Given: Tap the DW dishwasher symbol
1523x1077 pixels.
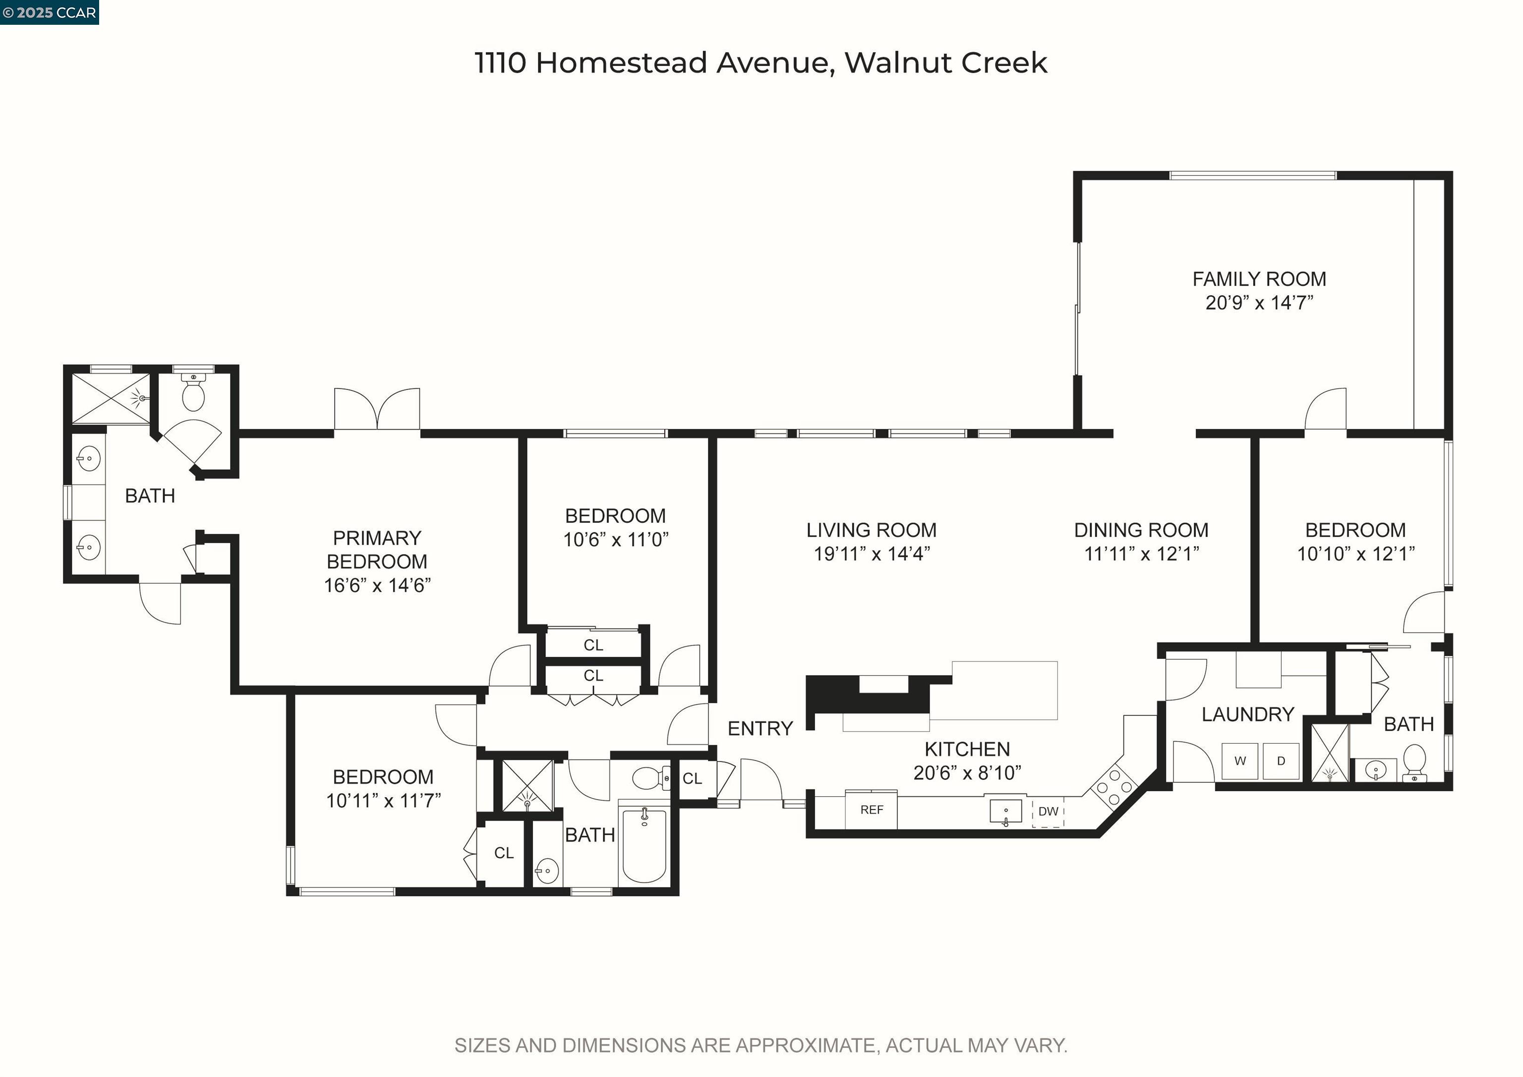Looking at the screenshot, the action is coord(1048,811).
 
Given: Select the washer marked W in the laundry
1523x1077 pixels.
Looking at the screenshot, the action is coord(1240,761).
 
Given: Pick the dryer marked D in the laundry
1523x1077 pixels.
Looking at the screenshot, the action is coord(1281,761).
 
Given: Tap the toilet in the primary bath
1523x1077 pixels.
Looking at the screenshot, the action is coord(193,393).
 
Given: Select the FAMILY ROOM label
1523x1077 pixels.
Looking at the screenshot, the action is coord(1259,279).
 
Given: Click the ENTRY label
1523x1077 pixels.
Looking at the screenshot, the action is coord(760,729).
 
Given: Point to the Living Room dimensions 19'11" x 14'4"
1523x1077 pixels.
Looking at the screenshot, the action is coord(872,554).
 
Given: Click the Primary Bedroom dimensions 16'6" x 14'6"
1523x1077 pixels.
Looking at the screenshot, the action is coord(377,585).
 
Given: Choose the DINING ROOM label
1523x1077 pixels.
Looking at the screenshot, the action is coord(1141,530).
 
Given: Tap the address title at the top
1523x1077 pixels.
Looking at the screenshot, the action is coord(761,63).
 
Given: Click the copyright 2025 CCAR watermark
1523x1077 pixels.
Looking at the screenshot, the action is coord(50,12).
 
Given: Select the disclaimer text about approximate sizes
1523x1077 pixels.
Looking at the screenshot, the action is coord(761,1045).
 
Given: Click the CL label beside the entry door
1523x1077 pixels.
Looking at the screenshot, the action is coord(692,778).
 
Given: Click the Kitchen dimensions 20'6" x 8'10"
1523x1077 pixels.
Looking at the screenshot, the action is coord(967,772).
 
